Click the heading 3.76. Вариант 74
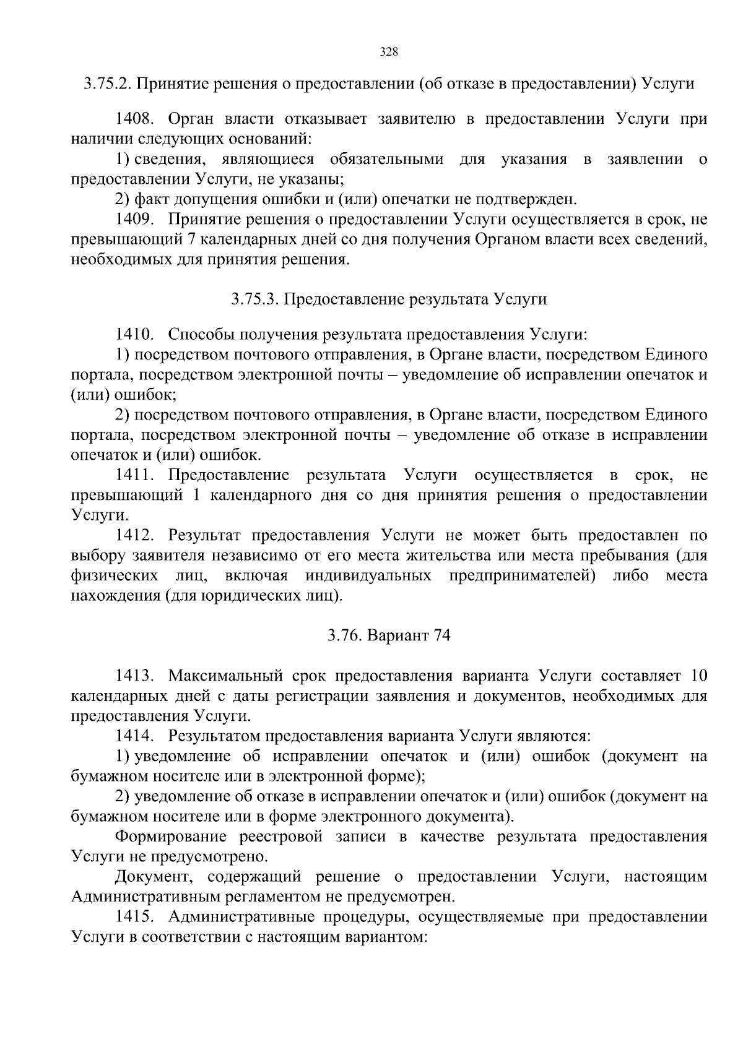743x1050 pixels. tap(389, 635)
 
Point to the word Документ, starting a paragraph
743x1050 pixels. tap(153, 877)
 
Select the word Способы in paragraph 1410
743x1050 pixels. tap(198, 335)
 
